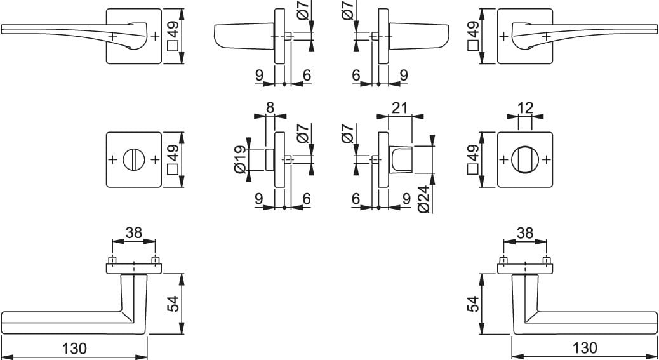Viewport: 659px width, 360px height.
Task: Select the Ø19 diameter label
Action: (x=241, y=159)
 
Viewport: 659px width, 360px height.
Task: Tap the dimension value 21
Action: (x=400, y=107)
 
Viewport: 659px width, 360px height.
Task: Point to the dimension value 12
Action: (x=525, y=107)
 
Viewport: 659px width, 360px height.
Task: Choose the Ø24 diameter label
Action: (x=425, y=199)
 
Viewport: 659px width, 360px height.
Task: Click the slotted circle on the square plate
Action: (x=133, y=159)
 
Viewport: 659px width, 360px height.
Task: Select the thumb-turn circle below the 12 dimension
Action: (x=525, y=159)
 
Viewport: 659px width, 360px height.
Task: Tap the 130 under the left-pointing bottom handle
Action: (x=75, y=348)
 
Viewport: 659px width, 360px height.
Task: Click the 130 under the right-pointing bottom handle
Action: (x=584, y=348)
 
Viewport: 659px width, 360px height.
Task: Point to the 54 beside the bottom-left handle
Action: (x=173, y=303)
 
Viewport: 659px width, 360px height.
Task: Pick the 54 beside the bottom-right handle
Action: (x=472, y=303)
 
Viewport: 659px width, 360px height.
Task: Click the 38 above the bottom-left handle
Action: (x=134, y=232)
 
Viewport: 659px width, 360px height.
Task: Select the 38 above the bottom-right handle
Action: (x=525, y=232)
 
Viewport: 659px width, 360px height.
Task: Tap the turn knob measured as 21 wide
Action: (x=400, y=159)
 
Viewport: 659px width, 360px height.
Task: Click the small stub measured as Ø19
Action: (x=270, y=159)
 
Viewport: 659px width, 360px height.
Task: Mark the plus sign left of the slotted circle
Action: (x=112, y=159)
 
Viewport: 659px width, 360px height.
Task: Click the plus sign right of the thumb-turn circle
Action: (x=547, y=159)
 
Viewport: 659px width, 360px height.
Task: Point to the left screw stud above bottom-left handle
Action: (x=112, y=260)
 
